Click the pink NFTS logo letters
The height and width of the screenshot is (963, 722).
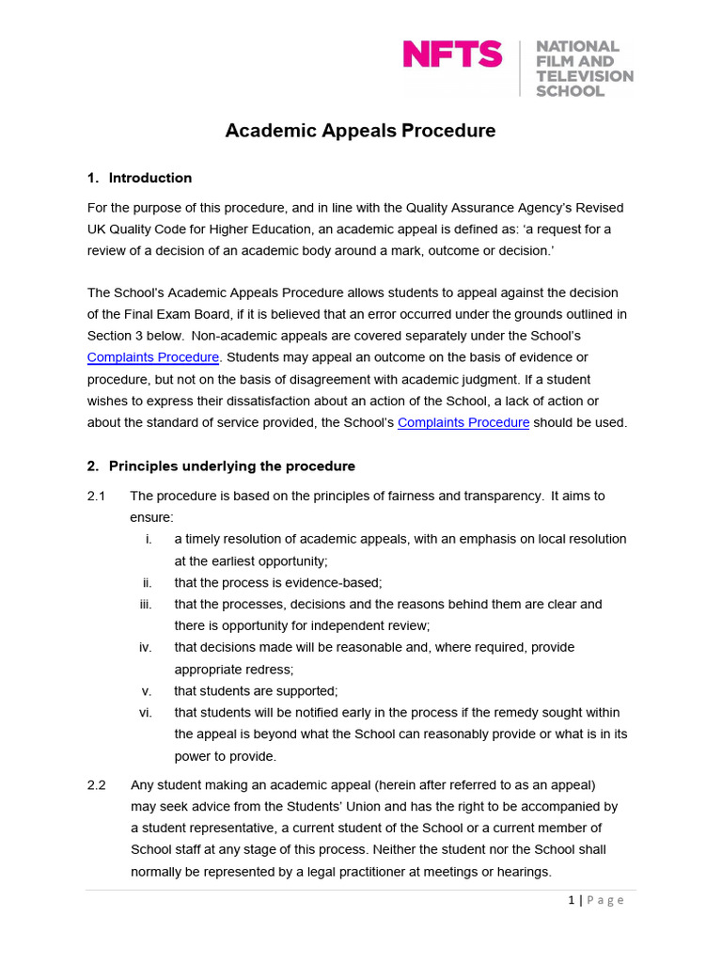tap(452, 55)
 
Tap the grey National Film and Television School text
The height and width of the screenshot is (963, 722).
tap(583, 69)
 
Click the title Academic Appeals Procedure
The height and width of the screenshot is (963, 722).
tap(360, 131)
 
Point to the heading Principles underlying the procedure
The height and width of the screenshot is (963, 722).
tap(231, 466)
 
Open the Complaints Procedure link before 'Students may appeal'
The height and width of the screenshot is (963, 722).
tap(153, 357)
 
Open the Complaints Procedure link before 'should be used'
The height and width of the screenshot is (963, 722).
tap(463, 422)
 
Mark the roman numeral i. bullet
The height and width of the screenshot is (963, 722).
tap(149, 539)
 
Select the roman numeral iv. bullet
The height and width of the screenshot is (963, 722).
tap(145, 647)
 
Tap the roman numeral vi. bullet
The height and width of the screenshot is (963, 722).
tap(145, 712)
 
